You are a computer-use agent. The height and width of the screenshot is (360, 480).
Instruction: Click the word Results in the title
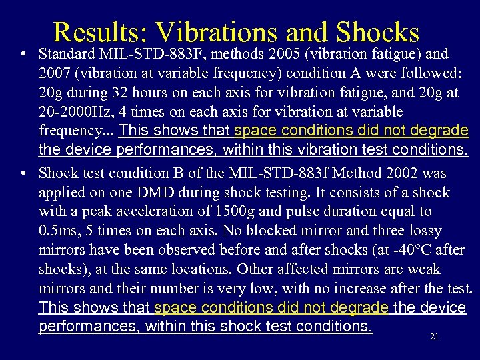coord(100,32)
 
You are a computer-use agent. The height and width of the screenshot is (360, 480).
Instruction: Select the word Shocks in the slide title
coord(378,32)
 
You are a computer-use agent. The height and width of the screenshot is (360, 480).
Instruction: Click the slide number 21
coord(434,337)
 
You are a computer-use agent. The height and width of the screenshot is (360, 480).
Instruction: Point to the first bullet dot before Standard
coord(23,53)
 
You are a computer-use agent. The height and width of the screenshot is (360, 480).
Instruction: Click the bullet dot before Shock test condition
coord(23,173)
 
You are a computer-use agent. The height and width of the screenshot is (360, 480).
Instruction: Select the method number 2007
coord(56,73)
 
